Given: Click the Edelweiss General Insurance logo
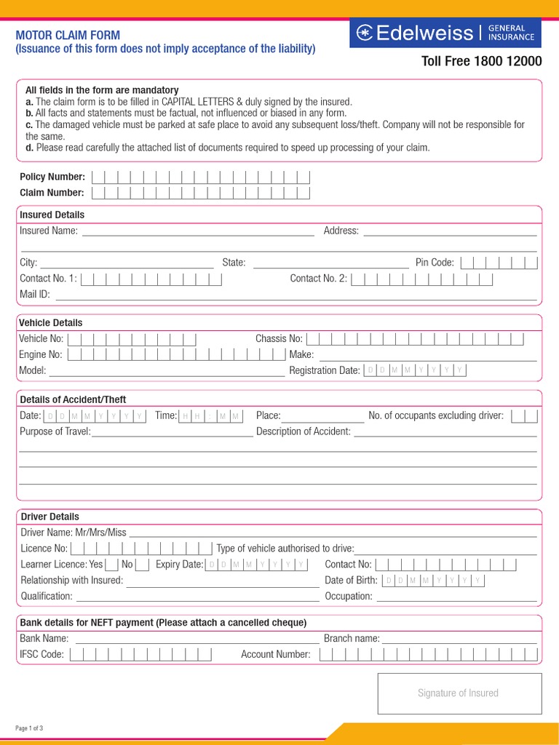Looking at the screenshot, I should tap(445, 33).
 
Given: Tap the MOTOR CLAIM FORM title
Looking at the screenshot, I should tap(68, 35).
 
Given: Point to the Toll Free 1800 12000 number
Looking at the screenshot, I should tap(482, 61).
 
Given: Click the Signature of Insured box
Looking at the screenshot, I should tap(459, 693).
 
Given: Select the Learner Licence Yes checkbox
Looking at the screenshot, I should tap(111, 565).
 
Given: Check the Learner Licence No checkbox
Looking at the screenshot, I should tap(142, 565).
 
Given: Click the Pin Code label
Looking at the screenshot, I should tap(435, 263).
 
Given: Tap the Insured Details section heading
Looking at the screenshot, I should tap(52, 215).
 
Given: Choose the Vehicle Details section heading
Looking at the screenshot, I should tap(50, 322).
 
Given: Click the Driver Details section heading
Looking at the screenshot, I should tap(49, 517).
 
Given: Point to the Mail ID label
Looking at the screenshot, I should tap(35, 295).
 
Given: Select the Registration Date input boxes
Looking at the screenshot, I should tap(414, 370).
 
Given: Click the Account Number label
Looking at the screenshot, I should tap(276, 654).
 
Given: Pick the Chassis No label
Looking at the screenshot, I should tap(279, 338).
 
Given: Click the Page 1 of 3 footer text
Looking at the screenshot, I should tap(30, 728).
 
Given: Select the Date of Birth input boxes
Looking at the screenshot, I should tap(434, 581).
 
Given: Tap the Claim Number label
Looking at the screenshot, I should tap(52, 193).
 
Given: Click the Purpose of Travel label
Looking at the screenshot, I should tap(55, 431).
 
